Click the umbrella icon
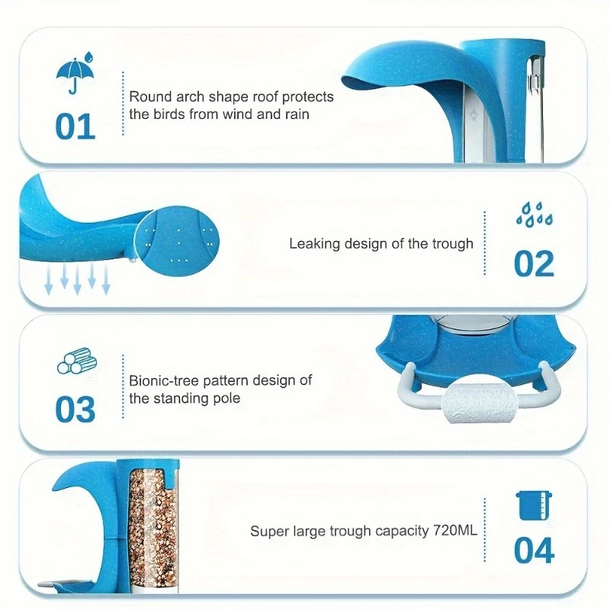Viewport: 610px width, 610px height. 75,72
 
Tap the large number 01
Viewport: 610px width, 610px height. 75,127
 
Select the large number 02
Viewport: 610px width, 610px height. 534,264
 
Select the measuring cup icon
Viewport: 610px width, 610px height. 534,506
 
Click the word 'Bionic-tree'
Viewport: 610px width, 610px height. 164,380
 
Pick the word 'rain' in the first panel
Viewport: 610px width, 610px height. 298,114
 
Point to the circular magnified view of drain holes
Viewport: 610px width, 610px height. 177,241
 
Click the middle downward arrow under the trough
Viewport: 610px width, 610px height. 77,281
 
